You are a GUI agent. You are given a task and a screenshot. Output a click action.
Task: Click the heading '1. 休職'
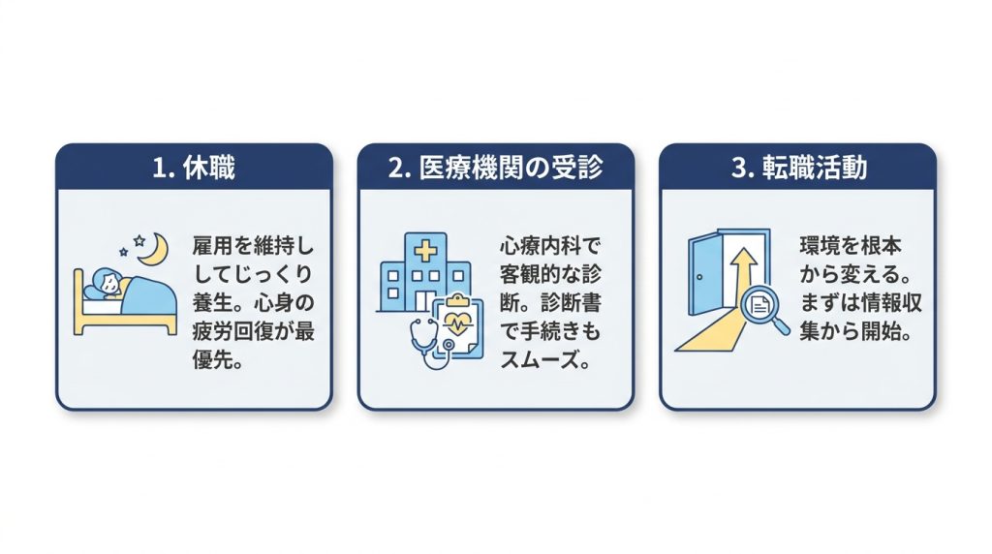[194, 169]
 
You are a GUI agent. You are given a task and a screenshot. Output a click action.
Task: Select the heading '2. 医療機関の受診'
[495, 169]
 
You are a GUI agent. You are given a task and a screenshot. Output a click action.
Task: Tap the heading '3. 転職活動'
[798, 169]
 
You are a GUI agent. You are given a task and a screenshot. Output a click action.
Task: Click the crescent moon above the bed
[156, 251]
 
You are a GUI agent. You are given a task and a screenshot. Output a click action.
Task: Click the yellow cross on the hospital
[425, 251]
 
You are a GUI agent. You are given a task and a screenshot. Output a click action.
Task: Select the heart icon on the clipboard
[457, 323]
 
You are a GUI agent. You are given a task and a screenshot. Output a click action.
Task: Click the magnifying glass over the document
[763, 309]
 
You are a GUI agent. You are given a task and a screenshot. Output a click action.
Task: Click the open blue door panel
[704, 274]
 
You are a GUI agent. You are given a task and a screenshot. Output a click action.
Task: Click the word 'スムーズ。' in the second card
[544, 360]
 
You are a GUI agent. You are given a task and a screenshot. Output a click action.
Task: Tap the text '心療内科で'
[549, 245]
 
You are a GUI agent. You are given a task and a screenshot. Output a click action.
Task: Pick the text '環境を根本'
[851, 245]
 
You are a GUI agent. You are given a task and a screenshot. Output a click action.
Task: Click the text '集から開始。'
[855, 331]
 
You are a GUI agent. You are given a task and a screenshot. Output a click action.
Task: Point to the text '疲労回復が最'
[253, 331]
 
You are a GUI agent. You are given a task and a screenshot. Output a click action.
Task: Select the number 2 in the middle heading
[395, 169]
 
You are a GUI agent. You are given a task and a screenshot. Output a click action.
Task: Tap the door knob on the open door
[699, 276]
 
